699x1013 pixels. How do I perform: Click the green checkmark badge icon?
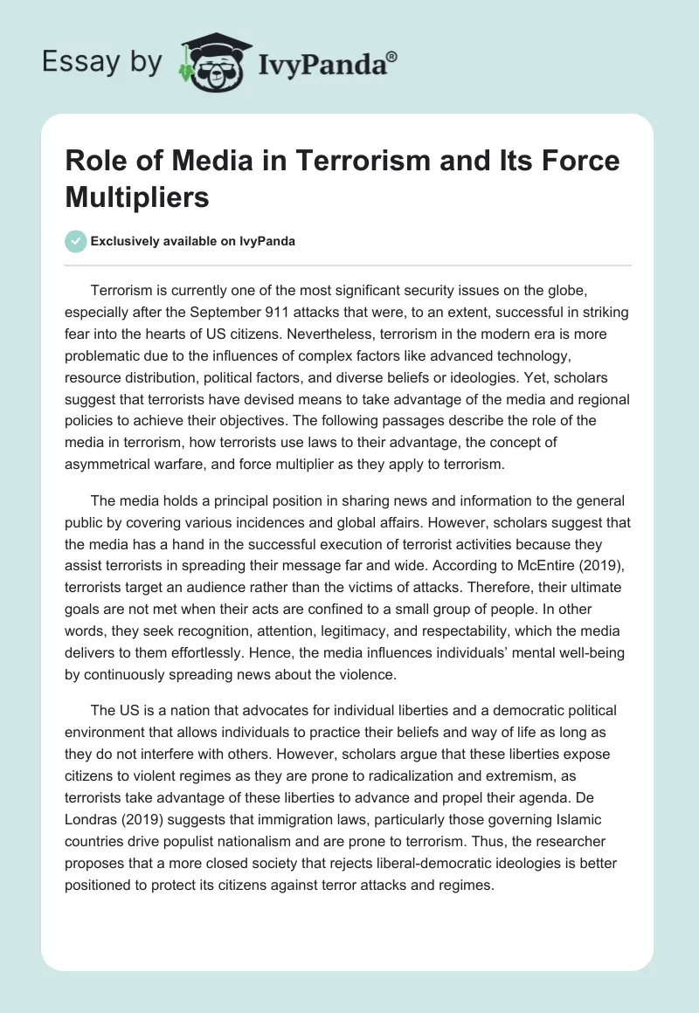(76, 241)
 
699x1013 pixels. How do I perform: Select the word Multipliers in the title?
(138, 197)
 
